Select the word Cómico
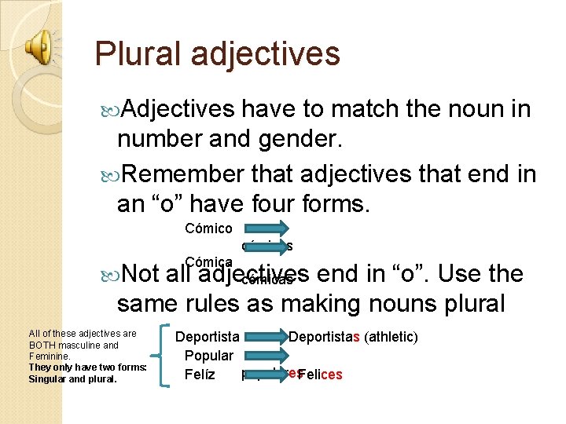click(208, 228)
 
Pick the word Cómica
click(208, 261)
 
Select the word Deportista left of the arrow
click(208, 338)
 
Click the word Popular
click(208, 356)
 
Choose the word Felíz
click(200, 375)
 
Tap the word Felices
click(321, 375)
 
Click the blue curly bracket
click(164, 355)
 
